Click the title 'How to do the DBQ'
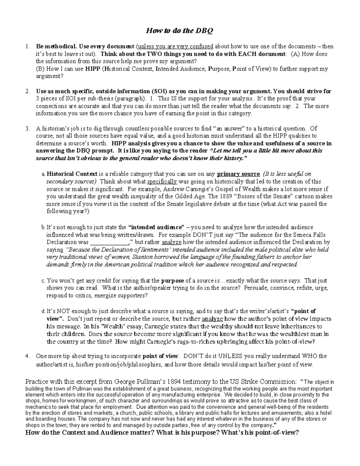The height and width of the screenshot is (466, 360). [x=179, y=31]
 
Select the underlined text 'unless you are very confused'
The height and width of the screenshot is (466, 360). [x=175, y=47]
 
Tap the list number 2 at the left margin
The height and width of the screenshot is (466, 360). [x=27, y=91]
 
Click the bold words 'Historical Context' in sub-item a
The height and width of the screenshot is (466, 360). [x=72, y=174]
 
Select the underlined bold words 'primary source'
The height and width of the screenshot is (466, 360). [x=238, y=174]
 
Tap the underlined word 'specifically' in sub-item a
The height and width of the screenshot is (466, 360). [x=162, y=182]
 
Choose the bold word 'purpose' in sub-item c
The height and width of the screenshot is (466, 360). [x=172, y=281]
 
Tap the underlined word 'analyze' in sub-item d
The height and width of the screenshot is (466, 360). [x=212, y=319]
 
